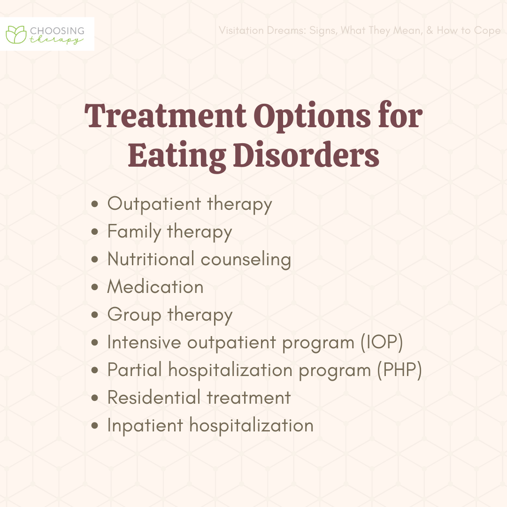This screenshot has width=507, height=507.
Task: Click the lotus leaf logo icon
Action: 16,34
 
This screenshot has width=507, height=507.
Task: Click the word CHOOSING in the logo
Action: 57,31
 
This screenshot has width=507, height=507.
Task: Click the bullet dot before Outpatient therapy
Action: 96,205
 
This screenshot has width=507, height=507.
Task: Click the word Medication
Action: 155,287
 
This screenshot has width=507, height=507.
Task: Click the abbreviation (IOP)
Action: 382,343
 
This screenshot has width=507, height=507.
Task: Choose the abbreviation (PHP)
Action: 399,370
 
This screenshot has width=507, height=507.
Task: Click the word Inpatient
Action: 145,425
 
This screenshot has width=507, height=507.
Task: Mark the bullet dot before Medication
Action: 96,287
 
